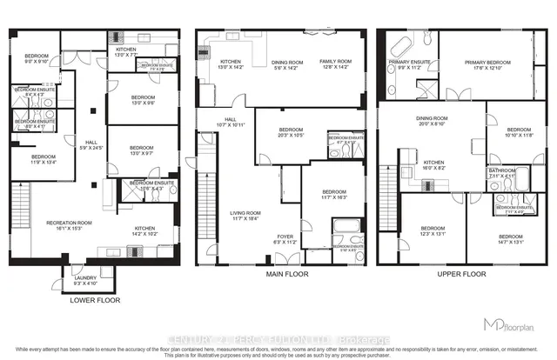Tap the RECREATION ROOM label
pos(70,223)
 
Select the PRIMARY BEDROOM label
pos(487,63)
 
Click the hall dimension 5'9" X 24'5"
pos(91,148)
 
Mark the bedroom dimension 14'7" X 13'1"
pos(510,242)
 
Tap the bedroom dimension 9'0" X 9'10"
pos(37,61)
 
